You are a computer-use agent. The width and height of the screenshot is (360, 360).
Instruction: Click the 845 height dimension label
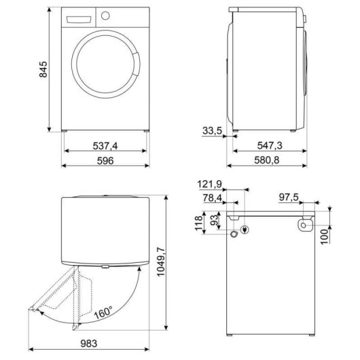(x=43, y=69)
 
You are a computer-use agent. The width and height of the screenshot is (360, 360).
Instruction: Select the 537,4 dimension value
(x=105, y=146)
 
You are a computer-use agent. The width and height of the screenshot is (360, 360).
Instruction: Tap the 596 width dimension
(x=105, y=161)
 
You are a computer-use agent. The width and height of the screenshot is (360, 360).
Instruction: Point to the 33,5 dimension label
(x=212, y=131)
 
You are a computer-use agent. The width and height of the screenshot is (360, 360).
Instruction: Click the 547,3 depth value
(x=270, y=145)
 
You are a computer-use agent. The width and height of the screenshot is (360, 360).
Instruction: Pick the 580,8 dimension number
(x=267, y=160)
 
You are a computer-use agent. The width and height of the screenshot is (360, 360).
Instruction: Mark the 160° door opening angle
(x=103, y=312)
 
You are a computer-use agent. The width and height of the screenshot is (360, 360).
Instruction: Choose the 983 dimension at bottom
(x=89, y=344)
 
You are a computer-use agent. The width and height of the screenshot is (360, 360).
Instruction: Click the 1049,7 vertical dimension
(x=161, y=262)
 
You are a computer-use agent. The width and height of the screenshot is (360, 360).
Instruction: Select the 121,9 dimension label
(x=210, y=184)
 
